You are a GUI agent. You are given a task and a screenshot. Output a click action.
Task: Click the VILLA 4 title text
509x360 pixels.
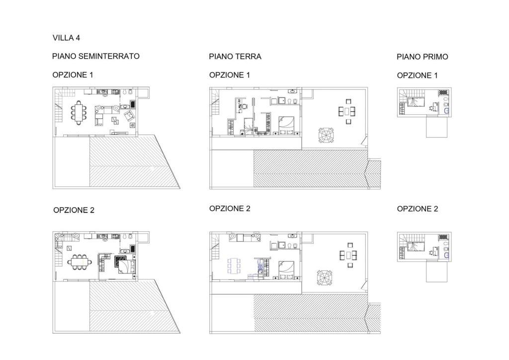(66, 38)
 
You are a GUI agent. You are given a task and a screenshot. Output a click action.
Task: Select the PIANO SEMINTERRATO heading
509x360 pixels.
(96, 57)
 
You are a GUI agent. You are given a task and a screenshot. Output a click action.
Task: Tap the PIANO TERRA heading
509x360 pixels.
(235, 57)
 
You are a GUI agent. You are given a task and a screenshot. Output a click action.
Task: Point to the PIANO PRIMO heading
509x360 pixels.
(423, 57)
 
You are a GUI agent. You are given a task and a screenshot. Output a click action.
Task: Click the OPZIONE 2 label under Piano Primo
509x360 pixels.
(418, 209)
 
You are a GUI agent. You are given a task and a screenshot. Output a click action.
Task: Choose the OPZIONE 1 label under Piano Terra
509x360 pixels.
(230, 75)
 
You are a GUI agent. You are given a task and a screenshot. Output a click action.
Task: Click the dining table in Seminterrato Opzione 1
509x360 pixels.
(79, 112)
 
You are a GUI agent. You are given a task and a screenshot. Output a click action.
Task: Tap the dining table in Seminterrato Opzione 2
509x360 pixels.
(80, 262)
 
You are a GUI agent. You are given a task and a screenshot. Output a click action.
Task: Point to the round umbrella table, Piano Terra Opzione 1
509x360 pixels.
(326, 135)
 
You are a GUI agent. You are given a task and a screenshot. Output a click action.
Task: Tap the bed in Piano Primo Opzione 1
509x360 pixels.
(416, 102)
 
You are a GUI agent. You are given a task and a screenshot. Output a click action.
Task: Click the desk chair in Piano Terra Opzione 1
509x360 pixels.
(245, 106)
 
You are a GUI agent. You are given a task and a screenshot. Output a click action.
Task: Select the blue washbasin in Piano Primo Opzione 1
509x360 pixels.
(447, 111)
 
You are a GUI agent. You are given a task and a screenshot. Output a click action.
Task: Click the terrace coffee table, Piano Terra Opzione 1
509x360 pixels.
(347, 111)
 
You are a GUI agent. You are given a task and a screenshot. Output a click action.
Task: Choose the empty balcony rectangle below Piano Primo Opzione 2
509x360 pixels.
(436, 271)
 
